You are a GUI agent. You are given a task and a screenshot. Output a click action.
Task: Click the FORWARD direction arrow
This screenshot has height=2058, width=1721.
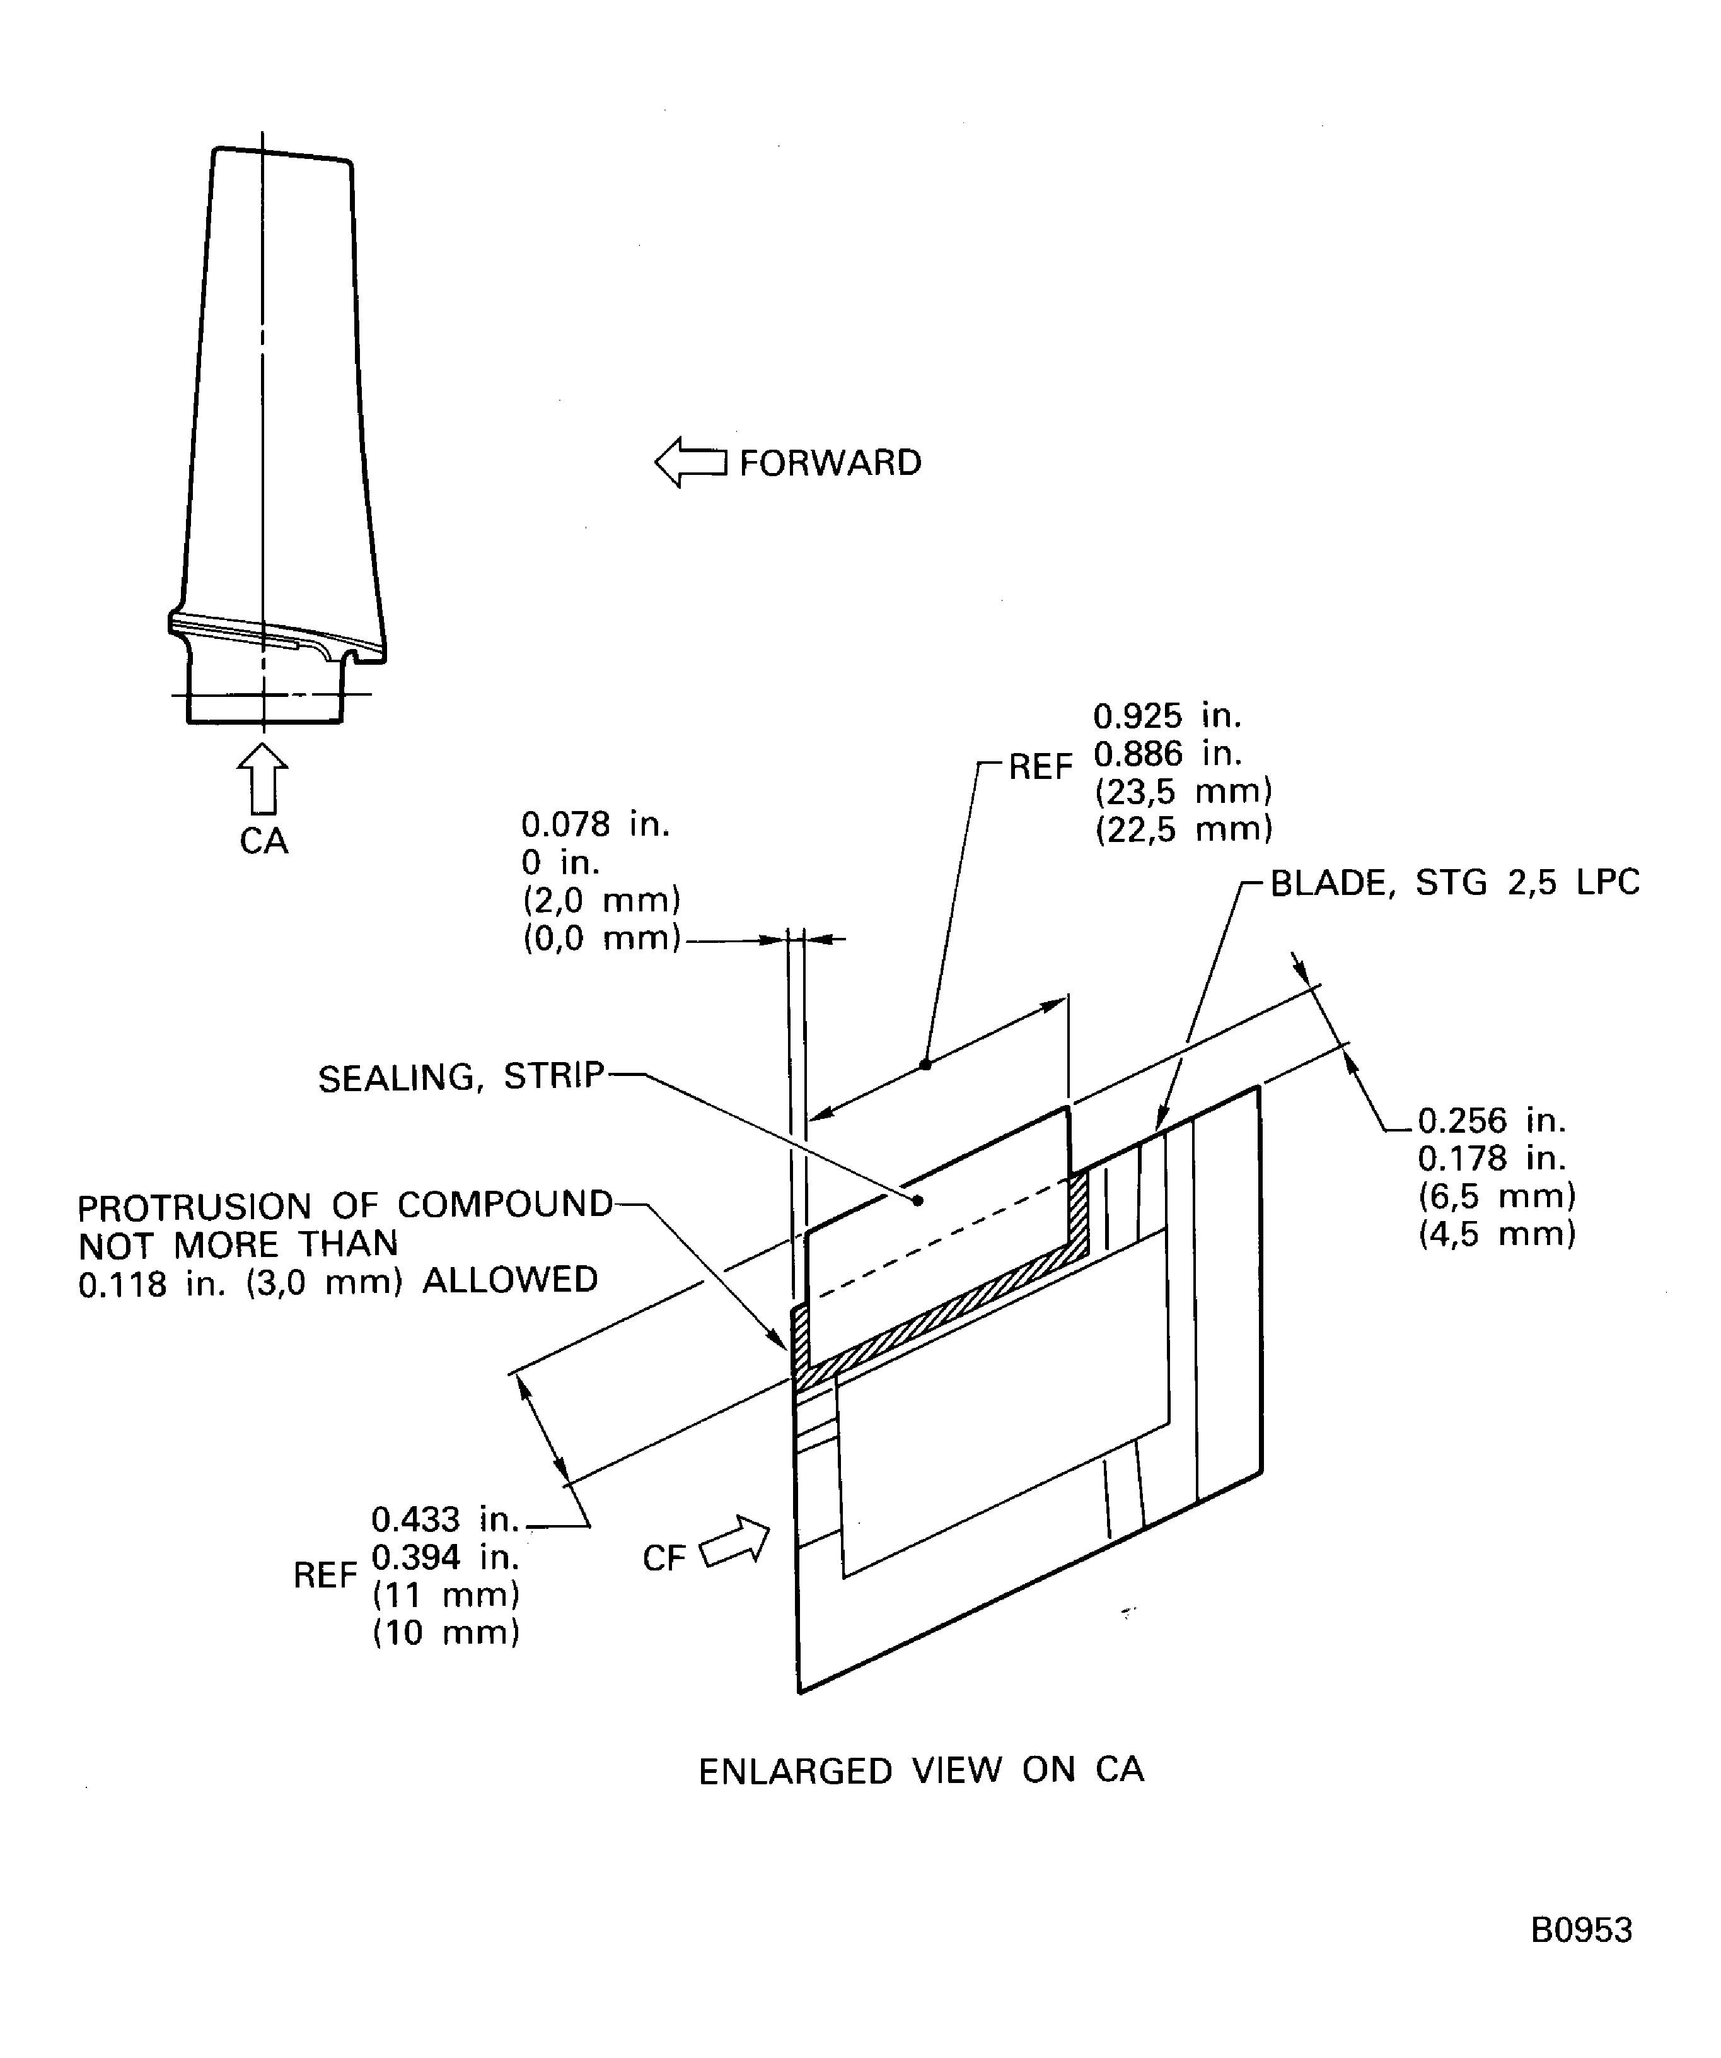click(690, 462)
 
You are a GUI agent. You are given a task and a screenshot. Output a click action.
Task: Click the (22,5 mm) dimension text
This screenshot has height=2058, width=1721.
click(1183, 830)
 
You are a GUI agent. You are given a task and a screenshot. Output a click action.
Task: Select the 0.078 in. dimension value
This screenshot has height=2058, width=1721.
click(594, 824)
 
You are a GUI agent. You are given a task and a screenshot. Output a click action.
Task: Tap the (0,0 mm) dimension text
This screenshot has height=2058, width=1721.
click(601, 939)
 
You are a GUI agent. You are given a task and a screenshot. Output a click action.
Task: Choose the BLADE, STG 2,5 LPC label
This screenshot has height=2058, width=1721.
click(1454, 883)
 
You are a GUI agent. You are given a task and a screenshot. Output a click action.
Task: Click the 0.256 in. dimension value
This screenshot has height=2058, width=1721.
click(1491, 1120)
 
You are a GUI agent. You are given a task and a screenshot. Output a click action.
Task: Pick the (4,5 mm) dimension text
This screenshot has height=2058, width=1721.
click(1497, 1234)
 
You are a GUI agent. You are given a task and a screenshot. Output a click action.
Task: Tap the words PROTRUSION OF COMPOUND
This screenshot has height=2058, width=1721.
click(345, 1205)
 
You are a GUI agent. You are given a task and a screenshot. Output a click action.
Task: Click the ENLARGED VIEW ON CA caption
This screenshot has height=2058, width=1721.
click(921, 1771)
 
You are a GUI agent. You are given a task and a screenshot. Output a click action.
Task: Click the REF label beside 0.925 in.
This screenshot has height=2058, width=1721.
click(1040, 768)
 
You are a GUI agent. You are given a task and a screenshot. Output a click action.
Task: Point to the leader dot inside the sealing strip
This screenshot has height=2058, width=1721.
click(918, 1200)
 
